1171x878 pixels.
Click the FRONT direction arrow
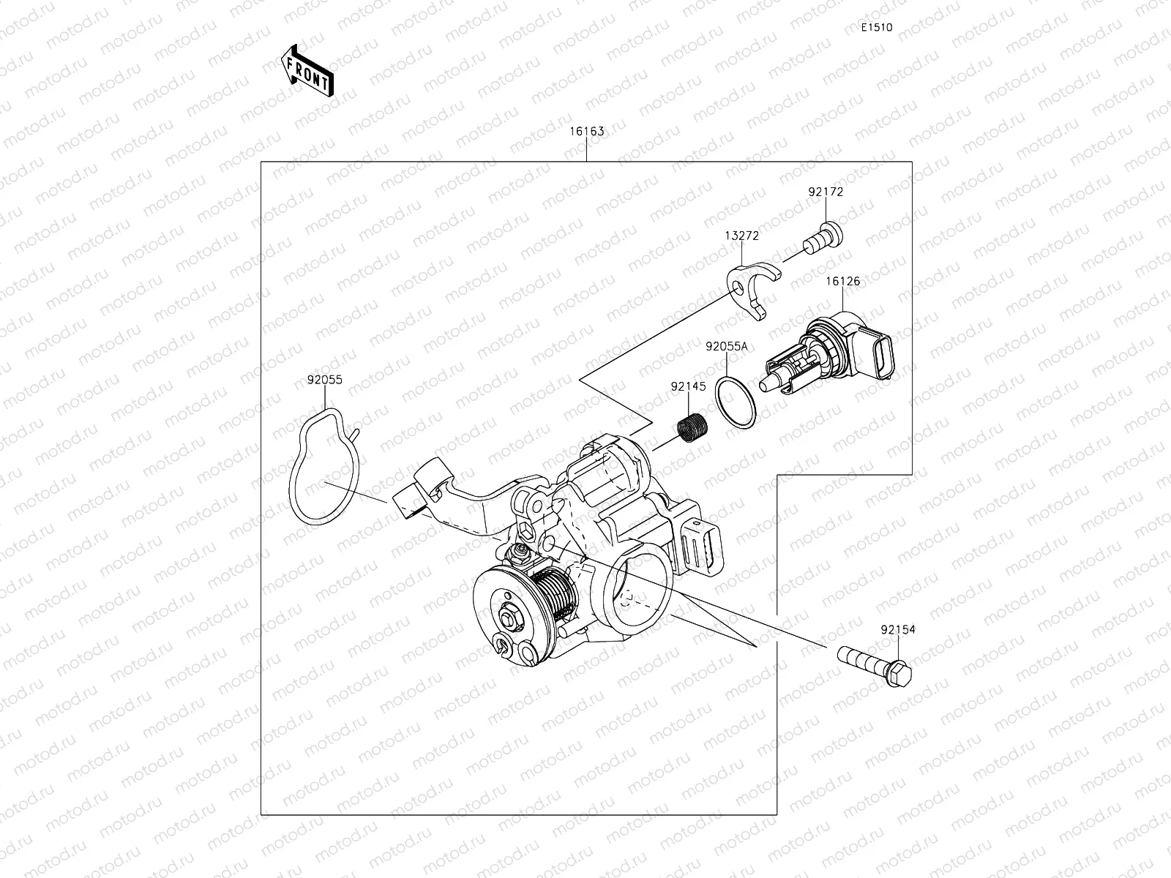(307, 72)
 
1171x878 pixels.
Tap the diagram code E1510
(876, 28)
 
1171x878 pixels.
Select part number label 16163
(587, 132)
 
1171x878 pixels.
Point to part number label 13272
(741, 236)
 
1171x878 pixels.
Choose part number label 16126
(843, 281)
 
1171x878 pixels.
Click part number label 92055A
(726, 346)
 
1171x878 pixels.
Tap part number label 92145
(688, 386)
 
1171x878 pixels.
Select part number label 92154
(897, 629)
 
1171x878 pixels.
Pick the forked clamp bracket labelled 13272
(754, 289)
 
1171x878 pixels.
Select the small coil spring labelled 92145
(690, 428)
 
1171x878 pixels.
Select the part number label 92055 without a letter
(324, 380)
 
